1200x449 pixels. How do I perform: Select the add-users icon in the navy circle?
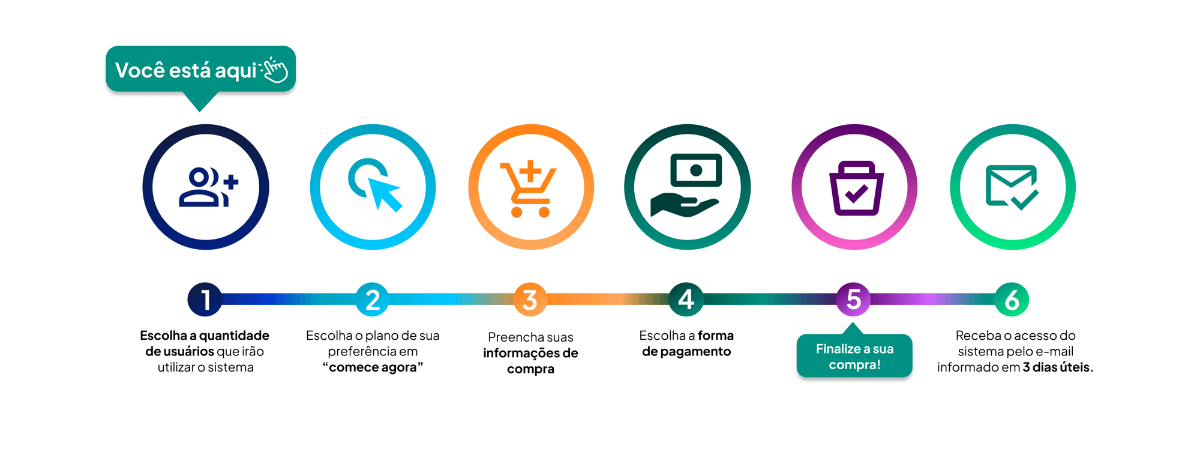click(x=208, y=187)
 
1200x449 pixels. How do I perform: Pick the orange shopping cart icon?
click(x=528, y=189)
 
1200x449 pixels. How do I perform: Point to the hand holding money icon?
click(x=686, y=185)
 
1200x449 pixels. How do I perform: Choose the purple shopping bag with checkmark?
click(x=856, y=188)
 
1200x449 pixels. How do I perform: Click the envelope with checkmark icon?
click(x=1012, y=187)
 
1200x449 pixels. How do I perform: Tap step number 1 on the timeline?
click(x=205, y=300)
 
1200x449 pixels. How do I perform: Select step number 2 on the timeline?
click(x=373, y=300)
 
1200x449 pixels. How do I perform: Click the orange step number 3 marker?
click(x=530, y=300)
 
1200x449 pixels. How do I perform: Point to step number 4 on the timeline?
click(x=686, y=300)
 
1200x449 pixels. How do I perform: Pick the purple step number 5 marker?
click(x=853, y=300)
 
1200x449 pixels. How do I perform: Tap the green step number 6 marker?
click(x=1012, y=300)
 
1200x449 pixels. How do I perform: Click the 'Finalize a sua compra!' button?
click(x=854, y=356)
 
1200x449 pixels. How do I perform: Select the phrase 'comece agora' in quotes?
click(x=373, y=367)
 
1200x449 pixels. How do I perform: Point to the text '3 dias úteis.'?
click(x=1058, y=367)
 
